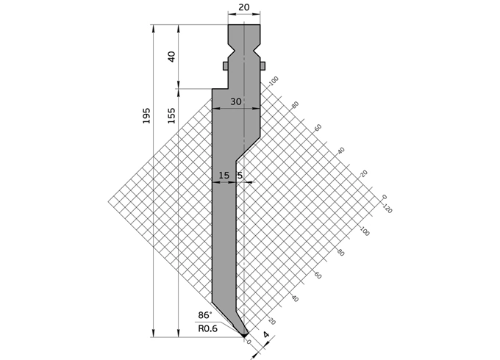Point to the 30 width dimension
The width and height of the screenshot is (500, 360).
[x=235, y=102]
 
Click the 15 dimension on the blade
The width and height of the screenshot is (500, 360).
[x=225, y=176]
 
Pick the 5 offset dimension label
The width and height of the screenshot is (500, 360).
[x=240, y=176]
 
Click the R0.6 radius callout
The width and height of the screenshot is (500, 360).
[x=208, y=328]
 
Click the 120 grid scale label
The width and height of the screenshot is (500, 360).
[x=387, y=209]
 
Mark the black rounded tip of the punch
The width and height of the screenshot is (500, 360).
[x=244, y=335]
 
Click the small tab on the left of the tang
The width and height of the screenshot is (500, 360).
[x=226, y=66]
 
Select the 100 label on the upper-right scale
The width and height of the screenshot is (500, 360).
[x=274, y=81]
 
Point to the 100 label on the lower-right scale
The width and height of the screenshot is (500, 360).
[x=363, y=230]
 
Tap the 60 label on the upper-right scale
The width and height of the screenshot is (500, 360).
[x=318, y=127]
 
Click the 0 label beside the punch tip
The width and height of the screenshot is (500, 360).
[x=250, y=342]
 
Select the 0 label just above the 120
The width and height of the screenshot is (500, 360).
[x=384, y=197]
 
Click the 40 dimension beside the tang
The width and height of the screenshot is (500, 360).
[x=171, y=57]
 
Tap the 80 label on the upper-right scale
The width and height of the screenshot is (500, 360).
[x=296, y=104]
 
